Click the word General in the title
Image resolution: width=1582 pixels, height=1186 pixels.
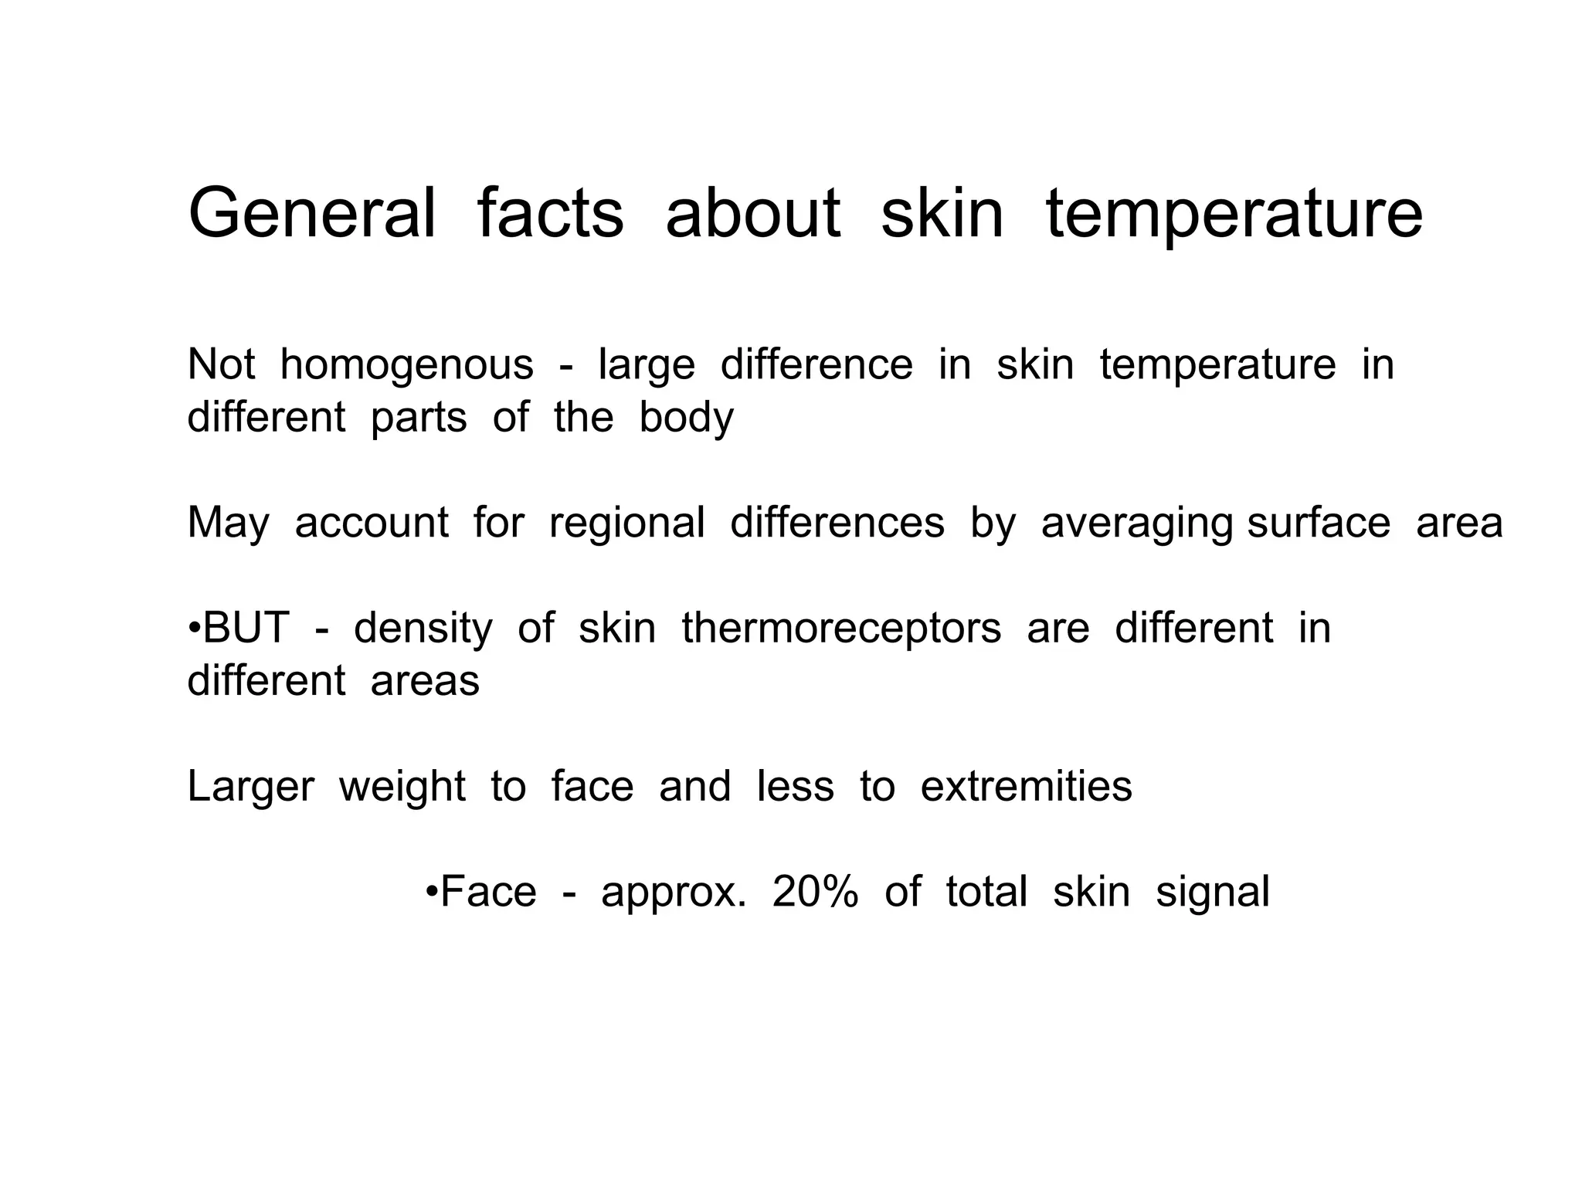(x=312, y=213)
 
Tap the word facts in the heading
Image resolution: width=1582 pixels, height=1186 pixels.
(x=550, y=213)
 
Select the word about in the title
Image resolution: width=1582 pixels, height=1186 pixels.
(x=752, y=213)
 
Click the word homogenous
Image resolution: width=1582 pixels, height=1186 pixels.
(x=406, y=364)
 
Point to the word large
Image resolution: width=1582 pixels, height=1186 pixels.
(x=647, y=364)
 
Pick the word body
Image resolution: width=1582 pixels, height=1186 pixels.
(x=686, y=418)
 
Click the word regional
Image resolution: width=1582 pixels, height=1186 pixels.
(x=626, y=523)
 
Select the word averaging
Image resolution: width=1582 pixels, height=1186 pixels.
(x=1136, y=523)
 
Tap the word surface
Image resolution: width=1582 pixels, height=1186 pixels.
(x=1319, y=523)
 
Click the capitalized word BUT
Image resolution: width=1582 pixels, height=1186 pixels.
(x=246, y=628)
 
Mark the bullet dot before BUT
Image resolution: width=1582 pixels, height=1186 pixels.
(x=194, y=629)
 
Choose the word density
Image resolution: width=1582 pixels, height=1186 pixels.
(x=423, y=628)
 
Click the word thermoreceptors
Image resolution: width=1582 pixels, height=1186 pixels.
(x=841, y=628)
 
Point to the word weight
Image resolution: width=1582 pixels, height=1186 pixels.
(x=402, y=787)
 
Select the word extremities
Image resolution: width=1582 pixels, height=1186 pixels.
(x=1026, y=787)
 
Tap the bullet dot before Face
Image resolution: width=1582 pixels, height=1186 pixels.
(x=432, y=893)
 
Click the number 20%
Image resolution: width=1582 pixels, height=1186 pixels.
(x=815, y=892)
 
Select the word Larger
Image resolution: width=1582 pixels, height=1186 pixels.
(x=250, y=787)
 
